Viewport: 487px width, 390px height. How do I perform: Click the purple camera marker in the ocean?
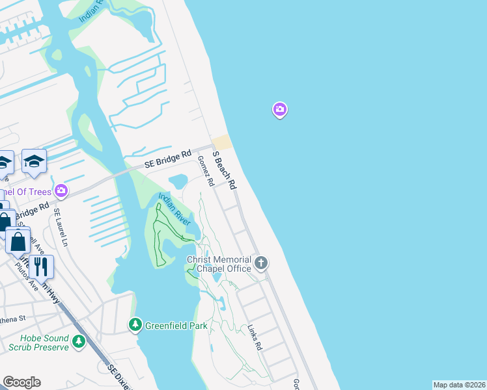(279, 110)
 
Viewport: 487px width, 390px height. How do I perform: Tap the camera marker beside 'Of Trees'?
(61, 190)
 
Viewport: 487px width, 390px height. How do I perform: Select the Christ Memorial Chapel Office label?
(219, 264)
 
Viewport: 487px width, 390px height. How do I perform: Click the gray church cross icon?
(261, 263)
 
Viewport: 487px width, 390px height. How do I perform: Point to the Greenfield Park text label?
(176, 325)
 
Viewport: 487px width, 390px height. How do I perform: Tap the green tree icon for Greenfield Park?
(135, 324)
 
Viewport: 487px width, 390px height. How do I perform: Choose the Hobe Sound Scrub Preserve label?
(44, 343)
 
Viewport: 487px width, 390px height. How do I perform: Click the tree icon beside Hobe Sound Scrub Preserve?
(78, 341)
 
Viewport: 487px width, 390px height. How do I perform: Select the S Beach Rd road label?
(224, 169)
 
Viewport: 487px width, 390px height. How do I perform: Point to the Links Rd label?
(254, 338)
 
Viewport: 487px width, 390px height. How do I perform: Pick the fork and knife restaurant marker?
(40, 266)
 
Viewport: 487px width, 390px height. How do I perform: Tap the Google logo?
(22, 382)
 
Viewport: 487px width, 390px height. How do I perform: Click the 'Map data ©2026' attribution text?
(459, 385)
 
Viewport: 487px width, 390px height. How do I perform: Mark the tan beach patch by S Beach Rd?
(222, 142)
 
